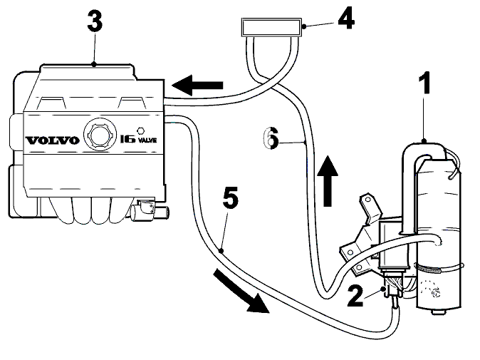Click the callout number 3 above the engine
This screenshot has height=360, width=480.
(95, 21)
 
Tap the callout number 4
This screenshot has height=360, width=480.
(346, 19)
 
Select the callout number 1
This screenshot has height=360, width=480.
(425, 83)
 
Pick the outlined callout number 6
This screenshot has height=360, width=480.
(271, 138)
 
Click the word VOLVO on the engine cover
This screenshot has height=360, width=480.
(53, 140)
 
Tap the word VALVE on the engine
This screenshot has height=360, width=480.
(147, 140)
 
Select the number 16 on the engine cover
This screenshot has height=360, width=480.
(127, 140)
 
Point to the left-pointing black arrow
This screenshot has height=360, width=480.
(197, 85)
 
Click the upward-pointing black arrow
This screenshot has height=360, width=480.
(328, 181)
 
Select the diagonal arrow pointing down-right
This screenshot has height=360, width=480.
(241, 291)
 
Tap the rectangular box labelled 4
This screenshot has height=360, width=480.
(271, 27)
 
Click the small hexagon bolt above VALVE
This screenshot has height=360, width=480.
(140, 131)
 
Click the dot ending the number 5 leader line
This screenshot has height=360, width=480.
(221, 251)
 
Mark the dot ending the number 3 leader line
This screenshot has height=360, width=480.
(94, 64)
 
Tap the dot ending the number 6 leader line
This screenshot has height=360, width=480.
(306, 142)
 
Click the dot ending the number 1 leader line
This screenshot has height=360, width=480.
(424, 141)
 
